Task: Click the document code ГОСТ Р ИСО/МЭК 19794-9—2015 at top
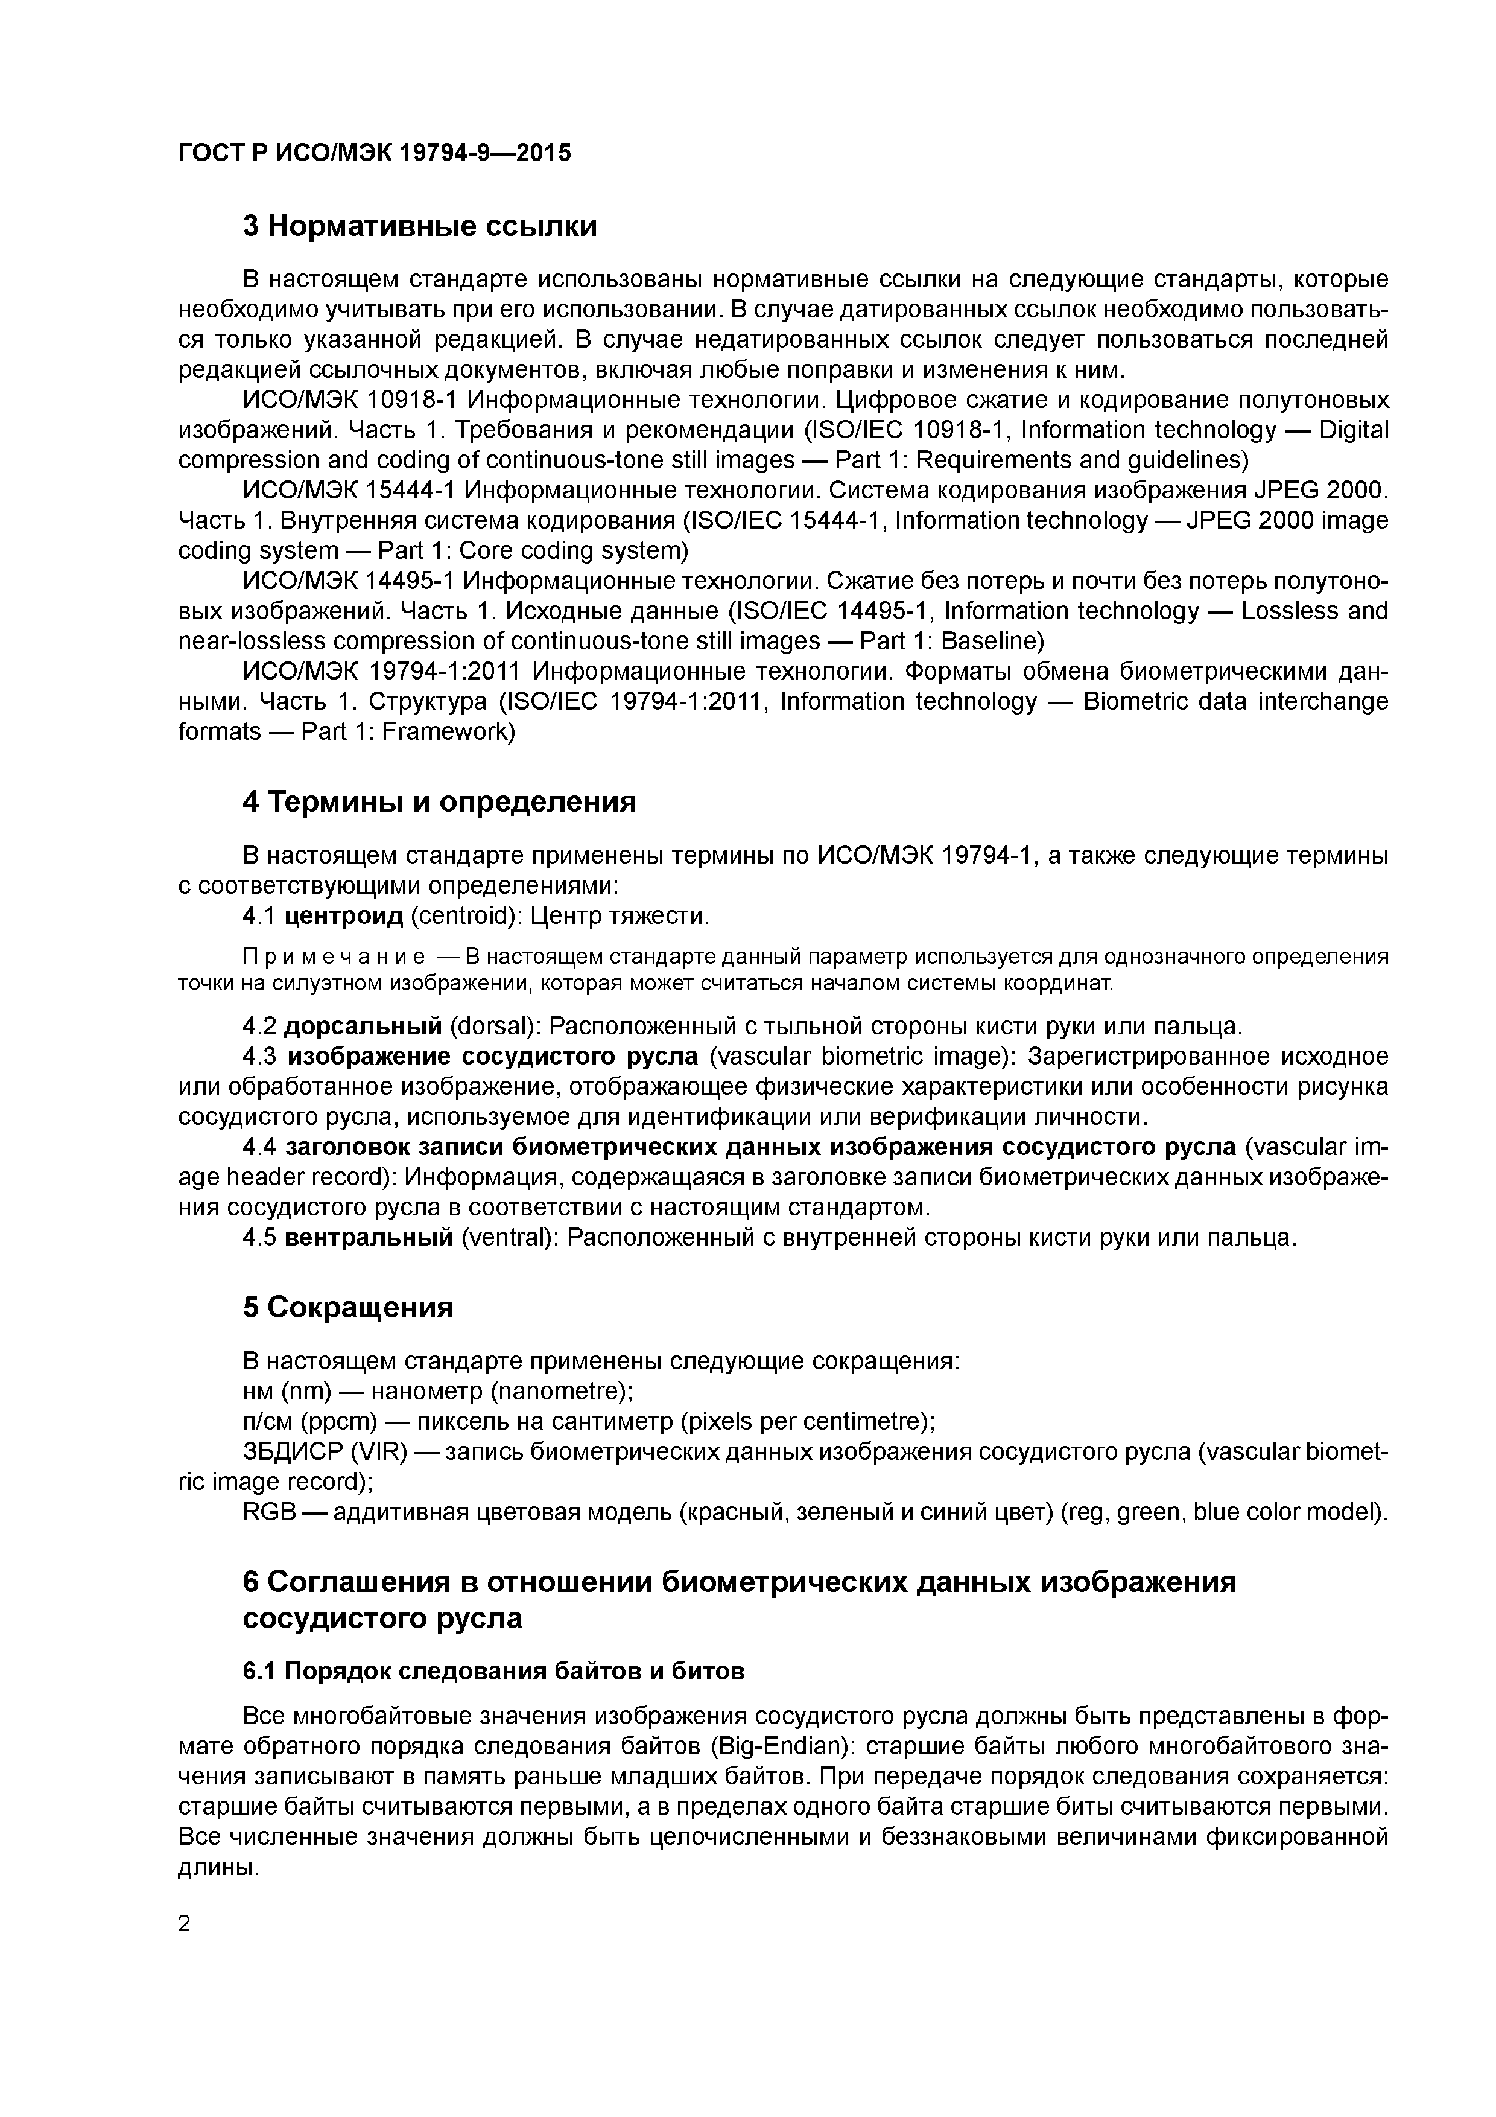click(x=374, y=153)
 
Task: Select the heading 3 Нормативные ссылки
click(x=419, y=226)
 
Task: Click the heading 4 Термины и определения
click(x=439, y=801)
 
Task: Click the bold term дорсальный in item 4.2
click(x=363, y=1027)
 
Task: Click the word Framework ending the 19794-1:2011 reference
click(x=445, y=732)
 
